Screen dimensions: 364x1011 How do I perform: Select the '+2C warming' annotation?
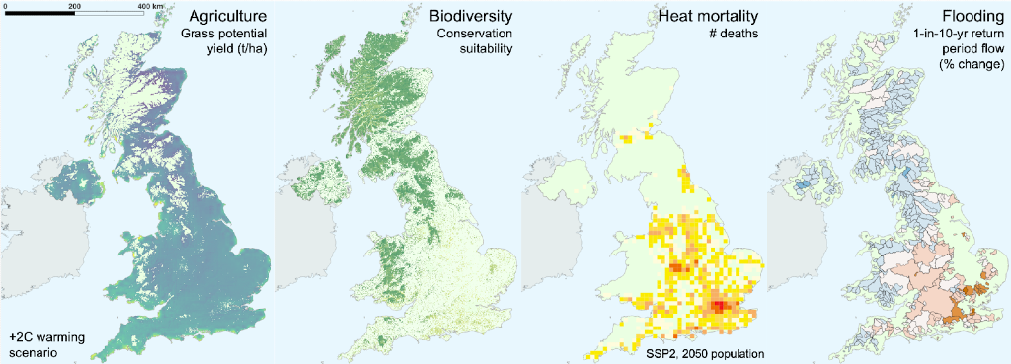pyautogui.click(x=44, y=336)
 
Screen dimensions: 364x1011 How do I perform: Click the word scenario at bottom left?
pyautogui.click(x=34, y=351)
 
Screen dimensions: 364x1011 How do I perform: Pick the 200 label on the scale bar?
pyautogui.click(x=75, y=7)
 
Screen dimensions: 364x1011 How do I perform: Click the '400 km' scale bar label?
pyautogui.click(x=150, y=7)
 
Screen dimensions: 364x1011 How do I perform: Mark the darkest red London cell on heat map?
pyautogui.click(x=719, y=308)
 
